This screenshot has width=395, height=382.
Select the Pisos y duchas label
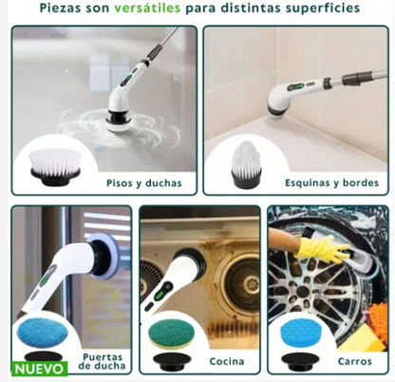coord(143,181)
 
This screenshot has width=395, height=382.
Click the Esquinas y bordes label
coord(330,181)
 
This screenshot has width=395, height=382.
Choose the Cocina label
coord(227,361)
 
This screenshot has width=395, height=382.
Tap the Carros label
coord(353,361)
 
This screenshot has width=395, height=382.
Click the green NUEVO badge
coord(39,368)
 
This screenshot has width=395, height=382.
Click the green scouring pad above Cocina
coord(170,334)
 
